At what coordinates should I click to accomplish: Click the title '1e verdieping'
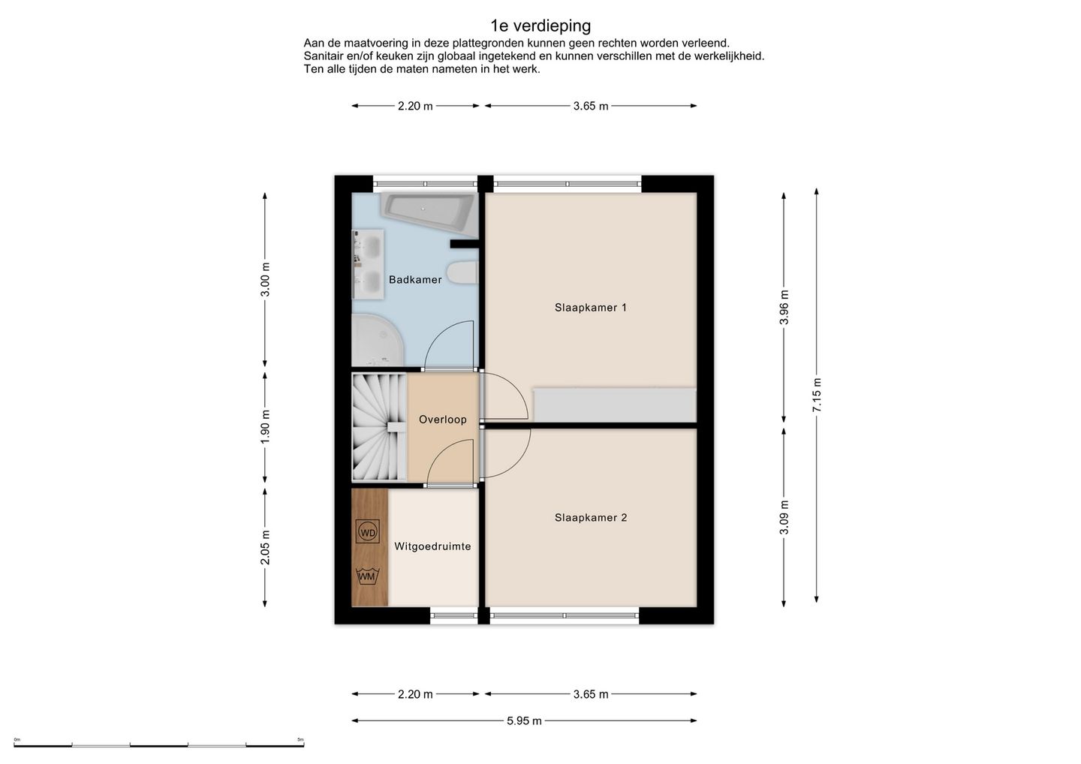click(x=540, y=26)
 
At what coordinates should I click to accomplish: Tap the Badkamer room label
click(x=415, y=280)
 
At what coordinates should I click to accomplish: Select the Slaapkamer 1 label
click(x=591, y=307)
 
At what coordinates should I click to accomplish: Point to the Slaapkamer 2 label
click(x=591, y=518)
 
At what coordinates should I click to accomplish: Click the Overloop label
click(x=443, y=420)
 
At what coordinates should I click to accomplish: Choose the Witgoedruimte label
click(x=432, y=546)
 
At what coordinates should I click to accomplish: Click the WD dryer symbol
click(x=368, y=533)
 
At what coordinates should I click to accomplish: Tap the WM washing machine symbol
click(x=368, y=576)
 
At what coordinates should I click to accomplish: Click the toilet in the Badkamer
click(x=462, y=272)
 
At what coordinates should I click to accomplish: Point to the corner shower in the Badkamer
click(x=377, y=341)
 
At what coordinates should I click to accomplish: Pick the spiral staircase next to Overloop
click(x=379, y=427)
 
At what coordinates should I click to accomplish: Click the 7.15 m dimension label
click(x=817, y=395)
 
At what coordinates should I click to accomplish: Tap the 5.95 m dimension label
click(x=524, y=720)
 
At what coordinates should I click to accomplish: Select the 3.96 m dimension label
click(x=784, y=307)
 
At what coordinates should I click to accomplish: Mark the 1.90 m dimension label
click(x=265, y=427)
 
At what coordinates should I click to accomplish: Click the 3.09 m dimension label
click(x=784, y=517)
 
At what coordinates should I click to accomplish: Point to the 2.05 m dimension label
click(x=265, y=547)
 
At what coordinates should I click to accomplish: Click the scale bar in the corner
click(x=159, y=744)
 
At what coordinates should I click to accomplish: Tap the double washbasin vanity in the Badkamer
click(x=368, y=264)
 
